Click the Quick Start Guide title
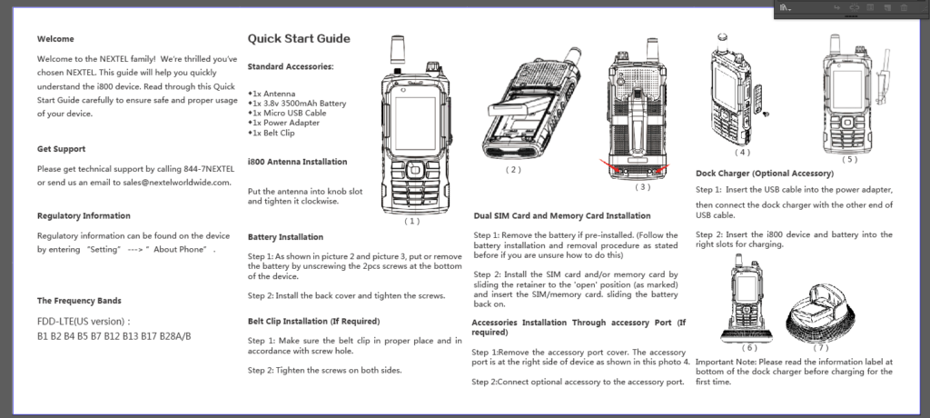pyautogui.click(x=299, y=39)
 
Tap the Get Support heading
pyautogui.click(x=62, y=149)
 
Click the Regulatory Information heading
pyautogui.click(x=84, y=216)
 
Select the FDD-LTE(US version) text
pyautogui.click(x=83, y=321)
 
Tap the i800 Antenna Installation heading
pyautogui.click(x=297, y=162)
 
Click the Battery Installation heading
pyautogui.click(x=285, y=237)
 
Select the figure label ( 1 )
pyautogui.click(x=412, y=220)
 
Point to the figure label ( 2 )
pyautogui.click(x=514, y=169)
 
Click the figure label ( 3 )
pyautogui.click(x=642, y=187)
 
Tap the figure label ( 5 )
pyautogui.click(x=849, y=159)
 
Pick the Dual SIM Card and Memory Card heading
pyautogui.click(x=562, y=215)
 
